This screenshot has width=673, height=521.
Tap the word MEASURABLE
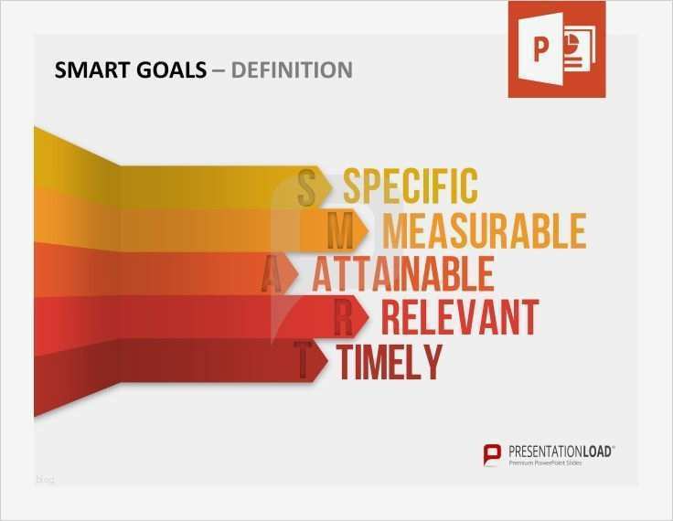tap(484, 231)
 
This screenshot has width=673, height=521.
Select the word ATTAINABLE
tap(402, 274)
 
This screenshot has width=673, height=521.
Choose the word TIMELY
tap(390, 362)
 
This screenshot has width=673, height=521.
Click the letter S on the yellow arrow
tap(307, 187)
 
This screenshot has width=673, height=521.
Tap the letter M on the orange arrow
tap(340, 231)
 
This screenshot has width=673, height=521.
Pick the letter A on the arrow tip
tap(272, 274)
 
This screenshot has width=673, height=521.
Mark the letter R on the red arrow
tap(343, 318)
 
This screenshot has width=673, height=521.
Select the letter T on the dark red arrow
tap(303, 362)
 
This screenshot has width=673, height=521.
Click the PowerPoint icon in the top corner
tap(556, 49)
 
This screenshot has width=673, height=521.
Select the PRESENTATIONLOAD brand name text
tap(561, 451)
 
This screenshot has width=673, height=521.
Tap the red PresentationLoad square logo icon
tap(493, 453)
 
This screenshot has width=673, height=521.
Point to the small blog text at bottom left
tap(45, 479)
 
